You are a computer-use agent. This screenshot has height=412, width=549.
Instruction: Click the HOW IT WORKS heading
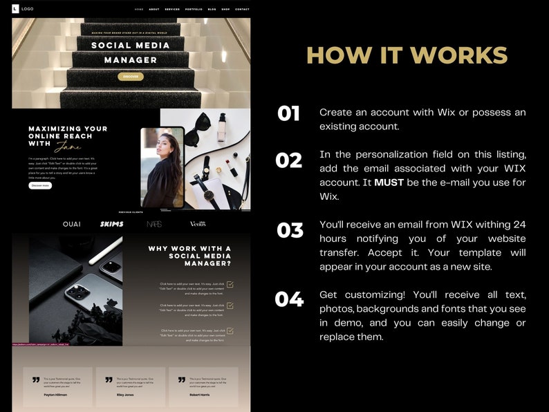point(407,55)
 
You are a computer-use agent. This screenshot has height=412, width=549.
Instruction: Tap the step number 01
point(288,113)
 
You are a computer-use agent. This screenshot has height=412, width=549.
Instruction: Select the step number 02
point(288,160)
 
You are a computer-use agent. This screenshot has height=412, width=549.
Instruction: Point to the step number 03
point(290,230)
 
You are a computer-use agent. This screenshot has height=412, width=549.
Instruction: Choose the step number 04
point(289,299)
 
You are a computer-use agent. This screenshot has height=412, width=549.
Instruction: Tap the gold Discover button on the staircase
point(131,77)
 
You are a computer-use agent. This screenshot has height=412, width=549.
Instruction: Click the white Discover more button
point(40,185)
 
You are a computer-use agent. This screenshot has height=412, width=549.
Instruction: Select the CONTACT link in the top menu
point(242,10)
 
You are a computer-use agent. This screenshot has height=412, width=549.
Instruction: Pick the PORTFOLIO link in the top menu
point(194,10)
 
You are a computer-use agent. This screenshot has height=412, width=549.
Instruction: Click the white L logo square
point(16,9)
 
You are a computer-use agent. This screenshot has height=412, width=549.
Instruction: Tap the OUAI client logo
point(71,224)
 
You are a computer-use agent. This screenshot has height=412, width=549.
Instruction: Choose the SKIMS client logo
point(111,224)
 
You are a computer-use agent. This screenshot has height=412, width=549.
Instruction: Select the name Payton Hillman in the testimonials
point(55,395)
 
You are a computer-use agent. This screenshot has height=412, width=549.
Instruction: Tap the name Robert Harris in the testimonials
point(200,395)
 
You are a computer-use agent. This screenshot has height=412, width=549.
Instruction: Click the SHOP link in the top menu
point(225,10)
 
